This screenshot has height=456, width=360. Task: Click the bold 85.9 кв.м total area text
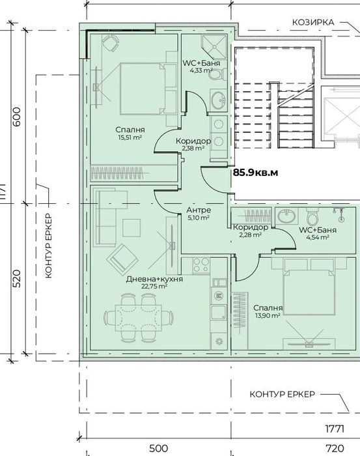coord(255,173)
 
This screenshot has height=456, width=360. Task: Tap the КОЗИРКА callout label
coord(313,22)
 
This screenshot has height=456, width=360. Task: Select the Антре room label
coord(199,210)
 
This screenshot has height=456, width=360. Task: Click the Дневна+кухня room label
coord(154,279)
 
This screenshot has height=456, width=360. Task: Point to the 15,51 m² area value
coord(130,137)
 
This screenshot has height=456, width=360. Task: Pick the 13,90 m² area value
coord(268,315)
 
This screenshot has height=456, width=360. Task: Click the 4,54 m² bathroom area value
coord(318,237)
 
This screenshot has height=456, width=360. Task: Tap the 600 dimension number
coord(17,117)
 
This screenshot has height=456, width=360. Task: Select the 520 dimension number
coord(17,279)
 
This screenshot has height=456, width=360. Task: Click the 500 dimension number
coord(158,448)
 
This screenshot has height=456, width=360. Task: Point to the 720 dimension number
coord(335,448)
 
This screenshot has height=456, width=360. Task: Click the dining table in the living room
coord(139,318)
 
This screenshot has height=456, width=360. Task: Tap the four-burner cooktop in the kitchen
coord(201,265)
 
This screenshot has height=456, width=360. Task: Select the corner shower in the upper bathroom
coord(214,46)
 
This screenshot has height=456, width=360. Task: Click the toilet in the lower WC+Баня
coord(312,216)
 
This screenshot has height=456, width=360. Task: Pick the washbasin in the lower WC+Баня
coord(286,216)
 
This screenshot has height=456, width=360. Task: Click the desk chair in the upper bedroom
coord(111,43)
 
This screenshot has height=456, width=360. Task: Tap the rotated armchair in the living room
coord(122,260)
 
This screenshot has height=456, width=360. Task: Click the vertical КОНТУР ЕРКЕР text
coord(49,246)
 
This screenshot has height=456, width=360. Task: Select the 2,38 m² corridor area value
coord(193,149)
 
